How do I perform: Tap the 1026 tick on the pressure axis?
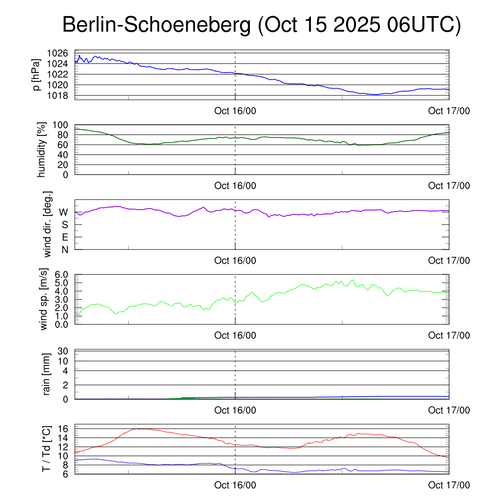[60, 53]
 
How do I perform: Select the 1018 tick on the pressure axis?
[60, 95]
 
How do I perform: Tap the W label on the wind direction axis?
[63, 212]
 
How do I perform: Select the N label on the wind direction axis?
[64, 249]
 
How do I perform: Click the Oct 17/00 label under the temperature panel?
[449, 485]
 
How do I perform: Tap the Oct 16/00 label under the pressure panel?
[235, 111]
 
